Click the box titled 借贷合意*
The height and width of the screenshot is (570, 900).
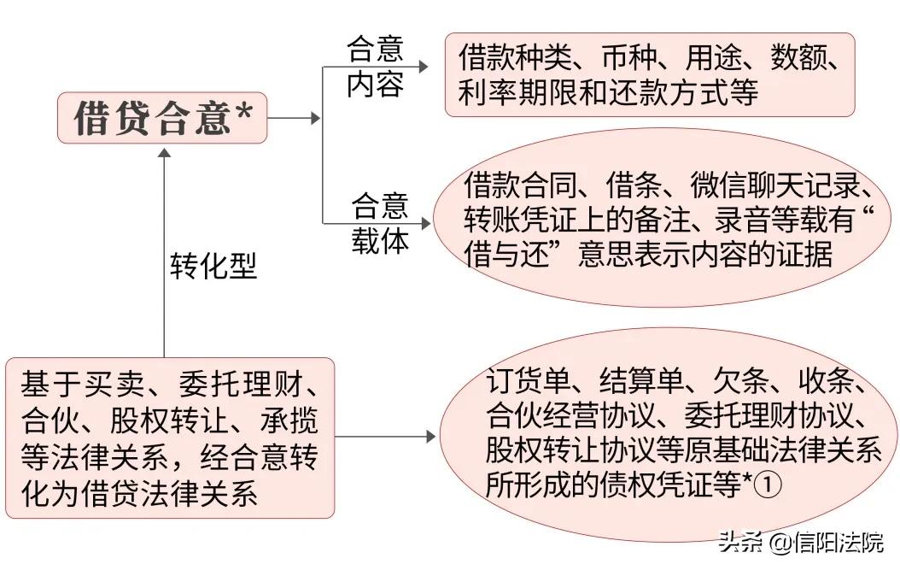[x=162, y=119]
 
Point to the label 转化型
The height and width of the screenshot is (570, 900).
[x=213, y=267]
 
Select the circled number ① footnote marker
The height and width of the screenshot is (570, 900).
[x=769, y=486]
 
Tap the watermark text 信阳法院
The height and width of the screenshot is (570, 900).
[x=837, y=542]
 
